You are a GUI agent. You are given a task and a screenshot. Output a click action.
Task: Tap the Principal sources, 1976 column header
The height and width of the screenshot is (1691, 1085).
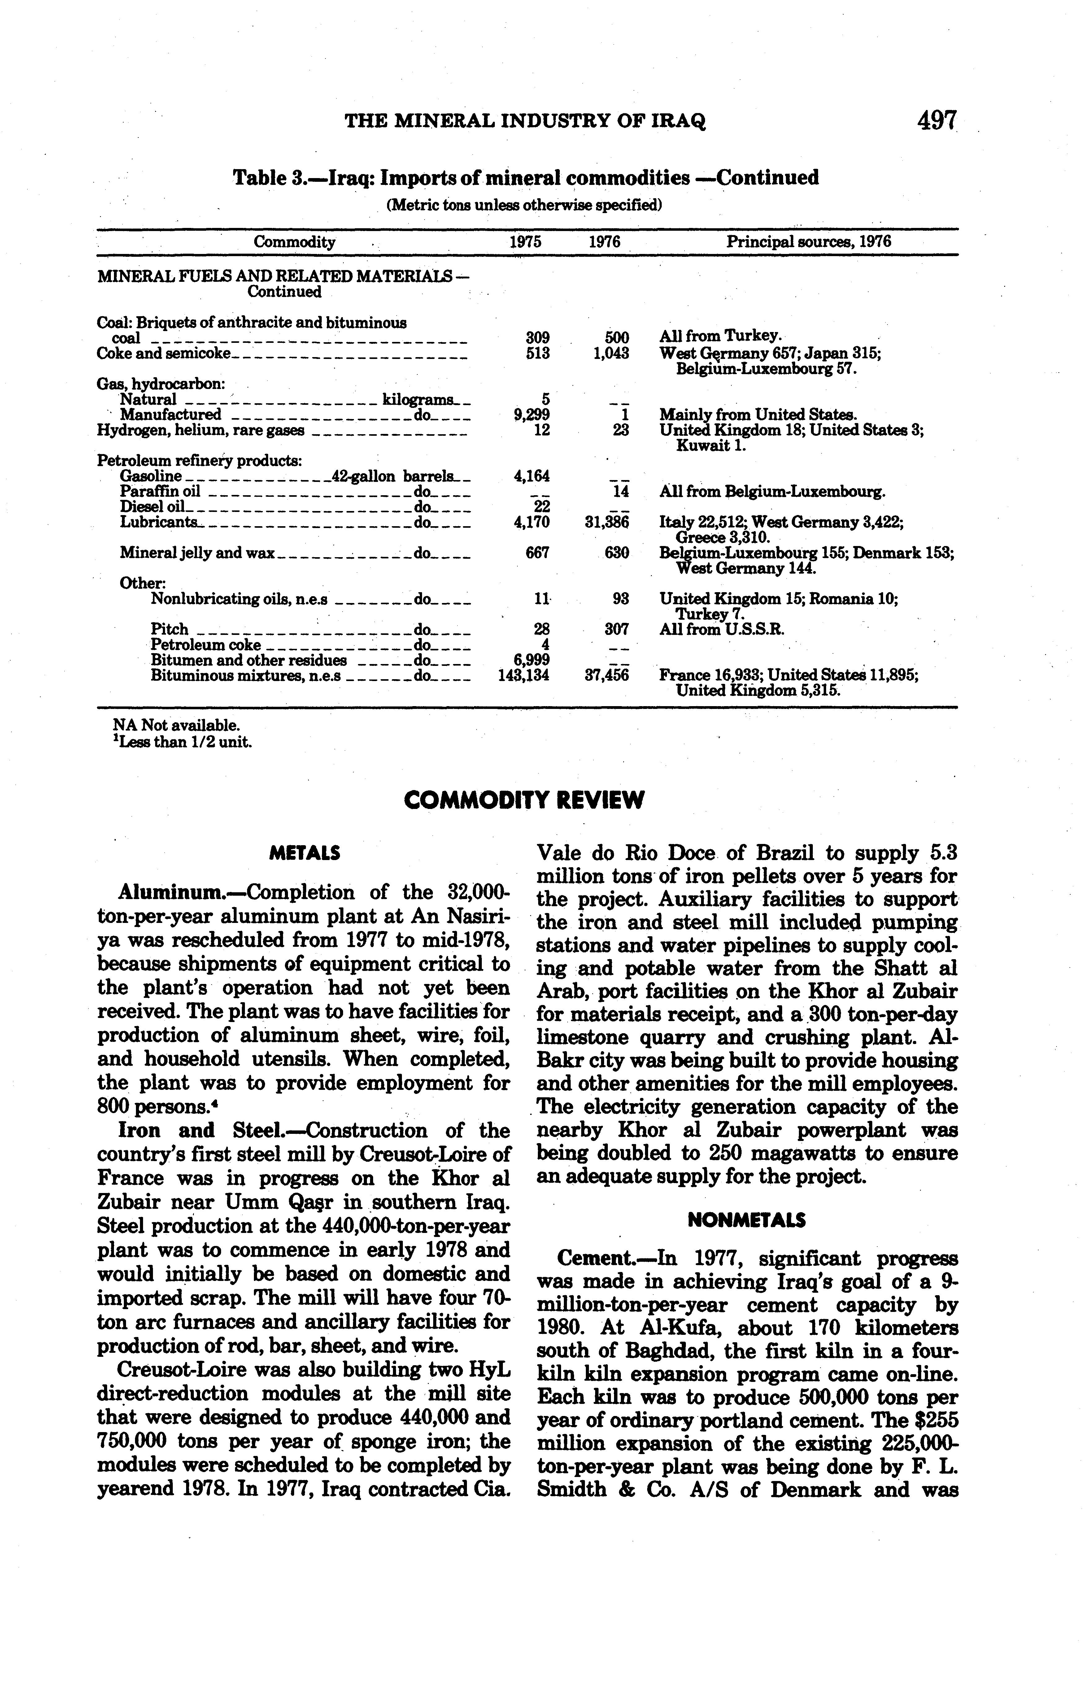(809, 243)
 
